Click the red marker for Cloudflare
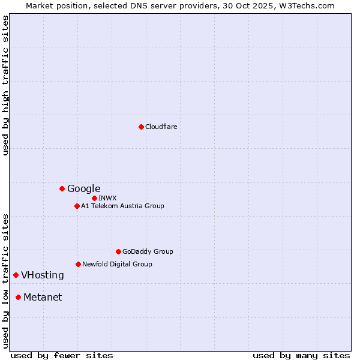141,127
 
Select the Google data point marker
62,188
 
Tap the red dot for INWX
94,198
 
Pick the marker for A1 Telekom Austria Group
77,206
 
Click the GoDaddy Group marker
118,251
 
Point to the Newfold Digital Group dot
78,264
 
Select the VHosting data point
16,275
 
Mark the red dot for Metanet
18,297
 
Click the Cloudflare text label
161,127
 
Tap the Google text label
83,189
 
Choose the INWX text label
107,198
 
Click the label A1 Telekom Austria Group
122,206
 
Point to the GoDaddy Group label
148,251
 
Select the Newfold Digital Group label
117,264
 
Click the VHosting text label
42,275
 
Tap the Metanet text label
42,298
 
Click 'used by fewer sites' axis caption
62,355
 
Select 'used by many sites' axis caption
301,355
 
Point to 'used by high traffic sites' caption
5,85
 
